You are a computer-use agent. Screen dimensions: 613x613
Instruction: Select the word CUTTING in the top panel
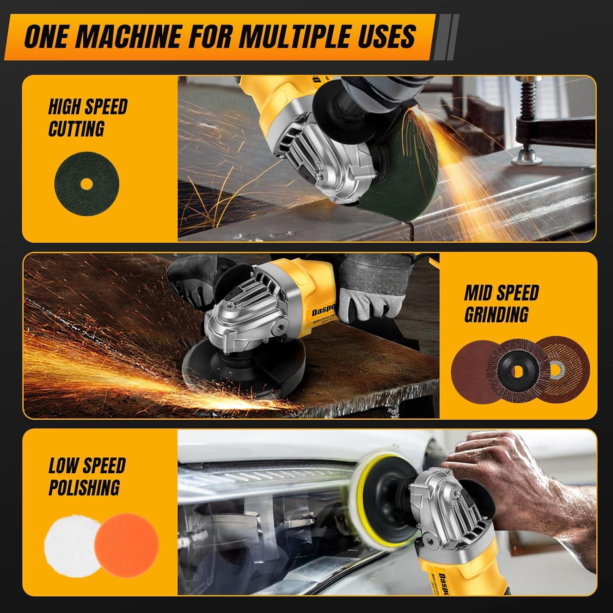point(76,129)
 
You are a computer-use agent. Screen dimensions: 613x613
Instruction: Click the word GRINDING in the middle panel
point(496,314)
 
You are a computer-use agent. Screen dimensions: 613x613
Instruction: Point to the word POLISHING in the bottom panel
point(84,487)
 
